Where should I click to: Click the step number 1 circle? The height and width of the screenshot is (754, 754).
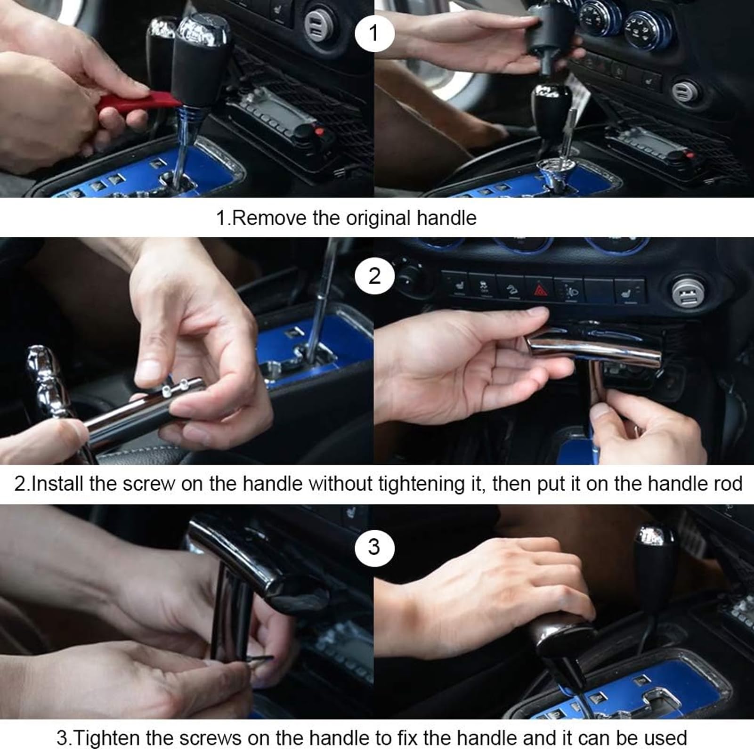tap(374, 32)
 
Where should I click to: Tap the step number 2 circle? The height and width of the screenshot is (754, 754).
tap(374, 276)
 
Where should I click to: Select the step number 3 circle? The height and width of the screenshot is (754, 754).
tap(374, 547)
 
